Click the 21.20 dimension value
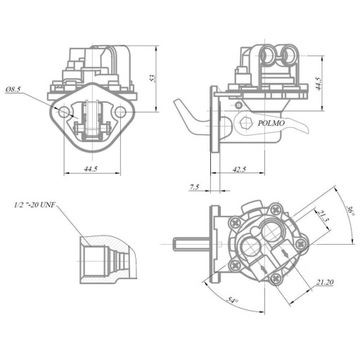coord(325,283)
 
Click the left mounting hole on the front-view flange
coord(66,113)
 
